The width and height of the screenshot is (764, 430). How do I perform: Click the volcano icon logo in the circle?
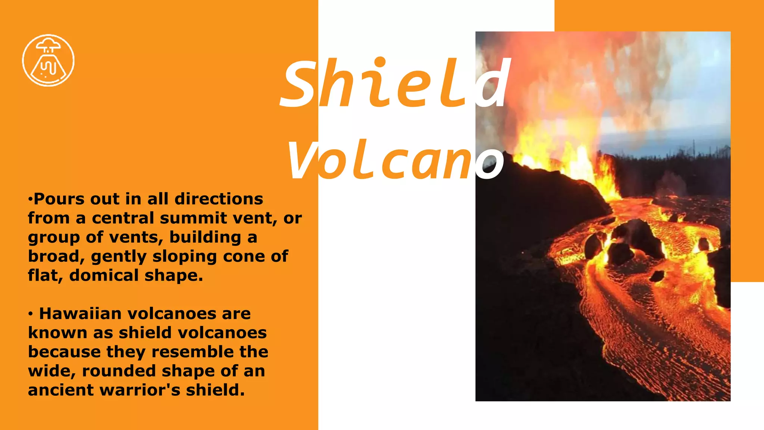coord(48,60)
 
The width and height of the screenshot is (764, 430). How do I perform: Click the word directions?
coord(219,199)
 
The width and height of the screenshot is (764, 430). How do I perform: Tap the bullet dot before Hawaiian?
coord(31,314)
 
